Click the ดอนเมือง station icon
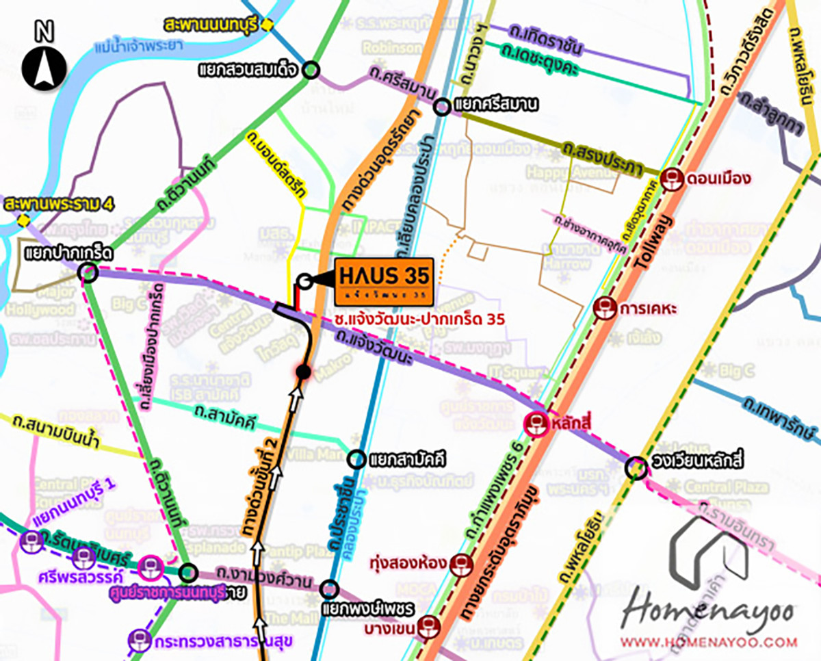coord(673,179)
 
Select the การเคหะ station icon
coord(604,309)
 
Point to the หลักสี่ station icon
coord(536,424)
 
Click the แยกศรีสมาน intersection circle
coord(443,105)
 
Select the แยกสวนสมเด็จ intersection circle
coord(311,69)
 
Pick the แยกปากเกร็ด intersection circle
coord(88,274)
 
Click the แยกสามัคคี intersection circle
coord(356,459)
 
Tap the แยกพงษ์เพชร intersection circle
coord(330,588)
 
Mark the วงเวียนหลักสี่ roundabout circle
coord(637,467)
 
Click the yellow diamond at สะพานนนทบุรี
coord(268,25)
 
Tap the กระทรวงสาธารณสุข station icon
coord(140,641)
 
